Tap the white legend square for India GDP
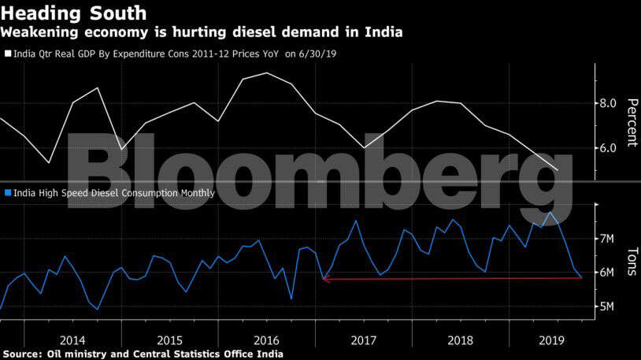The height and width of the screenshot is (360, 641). (x=8, y=54)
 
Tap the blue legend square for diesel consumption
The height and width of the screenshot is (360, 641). (x=8, y=192)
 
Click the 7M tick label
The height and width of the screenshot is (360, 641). (x=606, y=239)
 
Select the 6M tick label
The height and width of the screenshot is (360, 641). (x=606, y=273)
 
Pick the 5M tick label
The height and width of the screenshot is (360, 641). (x=606, y=306)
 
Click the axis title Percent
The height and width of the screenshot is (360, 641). (x=632, y=122)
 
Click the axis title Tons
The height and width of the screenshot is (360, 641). (x=632, y=262)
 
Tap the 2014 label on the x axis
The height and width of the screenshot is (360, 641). (x=72, y=340)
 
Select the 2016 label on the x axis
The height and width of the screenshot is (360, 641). (x=267, y=340)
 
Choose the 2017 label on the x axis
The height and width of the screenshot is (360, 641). (x=364, y=340)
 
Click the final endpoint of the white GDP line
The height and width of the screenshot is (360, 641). (x=558, y=170)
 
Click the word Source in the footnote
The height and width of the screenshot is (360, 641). (x=21, y=354)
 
